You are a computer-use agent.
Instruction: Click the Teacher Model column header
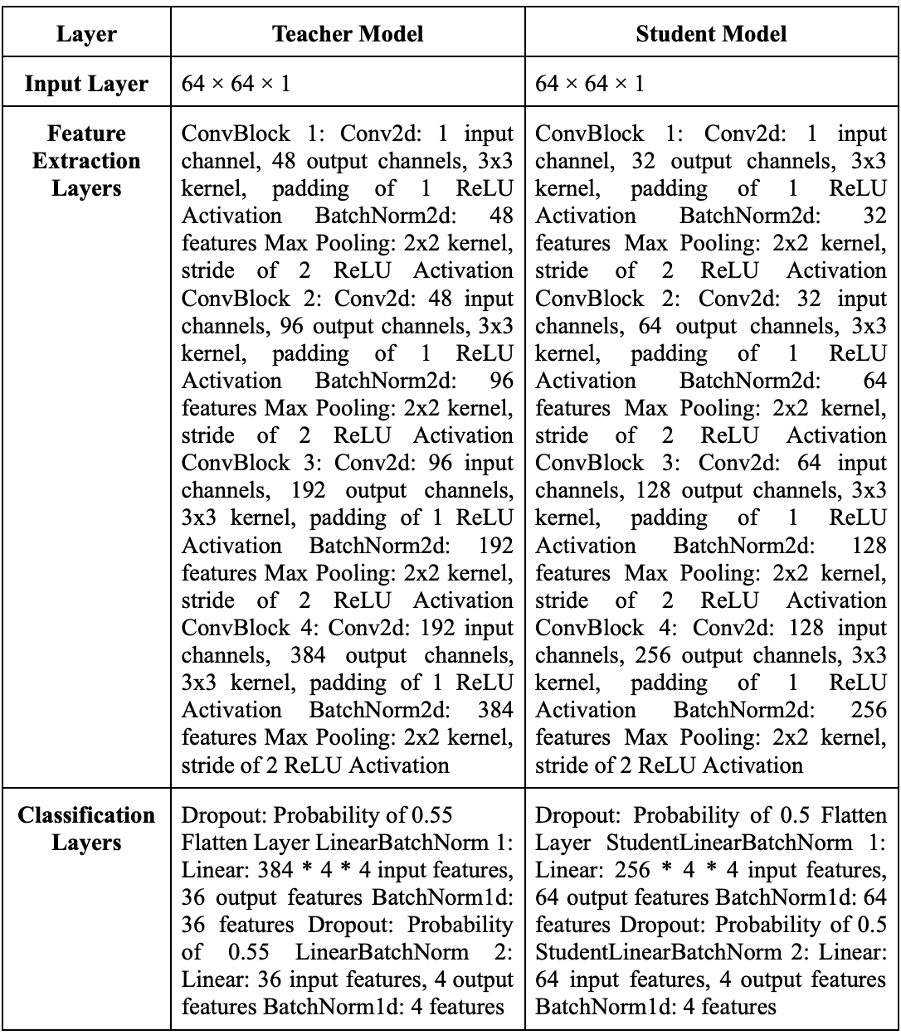click(x=348, y=34)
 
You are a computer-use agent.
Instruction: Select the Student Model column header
click(x=711, y=34)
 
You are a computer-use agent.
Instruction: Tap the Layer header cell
click(x=87, y=34)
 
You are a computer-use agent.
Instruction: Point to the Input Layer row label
click(x=87, y=84)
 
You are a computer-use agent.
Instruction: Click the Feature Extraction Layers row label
click(x=87, y=161)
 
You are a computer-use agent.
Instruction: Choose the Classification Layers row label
click(x=87, y=828)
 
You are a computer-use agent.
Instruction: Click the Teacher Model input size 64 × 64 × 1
click(x=236, y=84)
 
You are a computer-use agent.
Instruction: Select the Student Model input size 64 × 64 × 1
click(x=590, y=84)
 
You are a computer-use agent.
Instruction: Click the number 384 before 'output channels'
click(x=308, y=655)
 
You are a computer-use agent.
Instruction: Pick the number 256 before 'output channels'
click(x=652, y=655)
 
